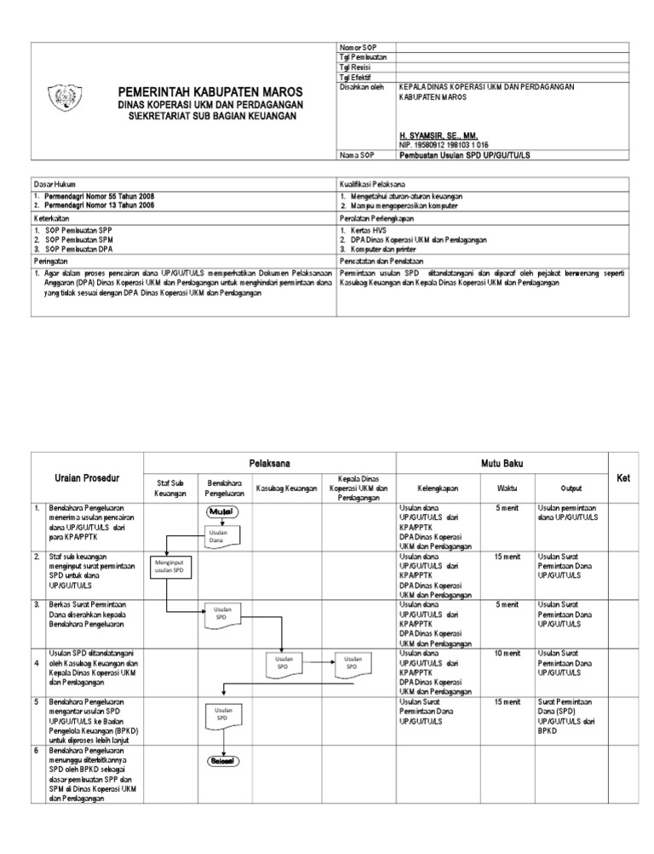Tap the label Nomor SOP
pyautogui.click(x=359, y=46)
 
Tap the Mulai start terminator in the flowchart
pyautogui.click(x=223, y=512)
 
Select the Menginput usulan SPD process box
pyautogui.click(x=169, y=566)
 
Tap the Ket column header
pyautogui.click(x=622, y=479)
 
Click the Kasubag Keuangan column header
pyautogui.click(x=286, y=488)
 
